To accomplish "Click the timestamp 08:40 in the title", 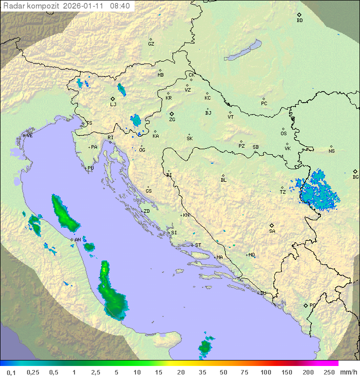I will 120,6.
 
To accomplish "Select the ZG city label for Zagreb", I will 172,120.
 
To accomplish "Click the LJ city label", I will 113,105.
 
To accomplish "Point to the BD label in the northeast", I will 299,21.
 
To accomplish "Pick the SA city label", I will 272,231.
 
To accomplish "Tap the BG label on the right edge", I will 355,177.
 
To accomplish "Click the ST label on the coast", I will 198,245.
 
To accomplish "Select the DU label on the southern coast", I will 262,293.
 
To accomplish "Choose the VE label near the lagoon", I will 29,136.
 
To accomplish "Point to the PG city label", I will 312,305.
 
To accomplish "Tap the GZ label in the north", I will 151,44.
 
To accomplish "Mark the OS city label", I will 283,134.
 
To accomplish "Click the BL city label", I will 223,180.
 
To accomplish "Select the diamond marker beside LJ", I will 113,99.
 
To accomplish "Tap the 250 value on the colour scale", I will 328,372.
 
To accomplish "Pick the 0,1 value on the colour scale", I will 11,372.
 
